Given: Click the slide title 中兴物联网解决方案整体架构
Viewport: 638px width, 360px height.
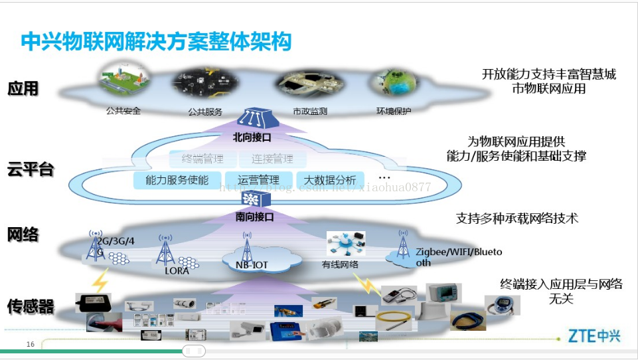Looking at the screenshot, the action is [x=156, y=41].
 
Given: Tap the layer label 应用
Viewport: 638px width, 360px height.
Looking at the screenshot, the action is [x=23, y=88].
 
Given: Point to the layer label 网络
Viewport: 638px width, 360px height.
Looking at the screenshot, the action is [x=23, y=234].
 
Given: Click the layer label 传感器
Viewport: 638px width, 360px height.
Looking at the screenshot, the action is [x=31, y=306].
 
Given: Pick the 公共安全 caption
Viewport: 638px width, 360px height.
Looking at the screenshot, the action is [x=123, y=111].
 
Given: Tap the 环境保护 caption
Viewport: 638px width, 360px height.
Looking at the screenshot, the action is [x=394, y=111].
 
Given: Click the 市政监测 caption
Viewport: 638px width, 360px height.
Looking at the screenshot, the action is [x=309, y=111].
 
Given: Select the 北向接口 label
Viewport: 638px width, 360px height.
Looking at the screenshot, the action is [x=252, y=138].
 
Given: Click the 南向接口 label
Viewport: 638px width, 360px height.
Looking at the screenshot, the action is [x=254, y=217].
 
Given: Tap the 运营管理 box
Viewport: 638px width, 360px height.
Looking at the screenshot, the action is [x=258, y=180].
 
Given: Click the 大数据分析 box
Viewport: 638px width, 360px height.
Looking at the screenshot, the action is [x=330, y=180].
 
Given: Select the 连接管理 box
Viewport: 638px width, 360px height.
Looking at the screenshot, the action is [x=272, y=159].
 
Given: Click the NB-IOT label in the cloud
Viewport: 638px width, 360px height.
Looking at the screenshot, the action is [x=252, y=265].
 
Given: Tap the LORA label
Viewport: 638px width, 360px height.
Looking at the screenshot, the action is [x=177, y=270].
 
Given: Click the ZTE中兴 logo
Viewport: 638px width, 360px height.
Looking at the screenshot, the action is [x=594, y=336].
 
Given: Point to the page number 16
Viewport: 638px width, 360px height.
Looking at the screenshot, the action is [x=31, y=344].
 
